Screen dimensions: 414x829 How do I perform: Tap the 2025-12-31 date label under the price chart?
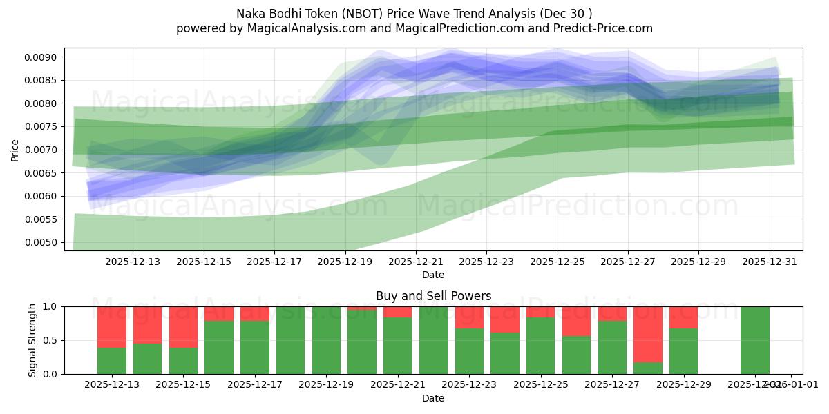(769, 262)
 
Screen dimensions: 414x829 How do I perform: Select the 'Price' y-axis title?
(15, 149)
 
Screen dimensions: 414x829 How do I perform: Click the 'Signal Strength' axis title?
(32, 340)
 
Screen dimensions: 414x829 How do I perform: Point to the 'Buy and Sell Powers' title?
(433, 296)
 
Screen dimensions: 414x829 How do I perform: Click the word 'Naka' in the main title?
(251, 14)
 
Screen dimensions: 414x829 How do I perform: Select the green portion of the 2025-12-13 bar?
(112, 361)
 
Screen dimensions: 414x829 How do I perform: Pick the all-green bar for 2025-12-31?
(754, 340)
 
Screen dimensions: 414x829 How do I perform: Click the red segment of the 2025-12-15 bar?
(183, 327)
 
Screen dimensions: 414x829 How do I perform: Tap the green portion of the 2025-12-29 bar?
(683, 351)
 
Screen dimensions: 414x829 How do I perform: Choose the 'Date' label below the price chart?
(433, 275)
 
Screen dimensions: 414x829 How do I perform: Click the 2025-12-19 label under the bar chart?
(326, 385)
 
